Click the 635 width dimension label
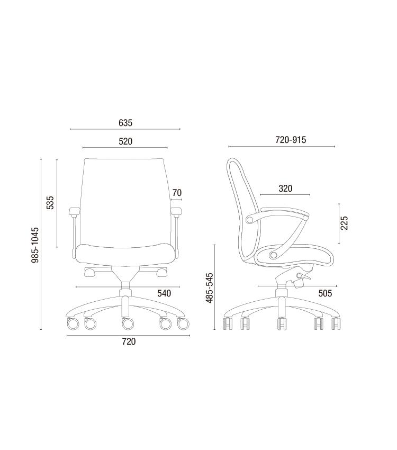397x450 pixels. tap(125, 123)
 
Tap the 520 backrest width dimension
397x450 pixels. tap(125, 141)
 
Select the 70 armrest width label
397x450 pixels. tap(177, 193)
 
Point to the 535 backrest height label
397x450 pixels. tap(50, 203)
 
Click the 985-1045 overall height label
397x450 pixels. tap(35, 245)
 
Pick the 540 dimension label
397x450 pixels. tap(164, 293)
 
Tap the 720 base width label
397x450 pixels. tap(129, 341)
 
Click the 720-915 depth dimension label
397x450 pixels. tap(291, 140)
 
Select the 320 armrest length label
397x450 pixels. tap(285, 188)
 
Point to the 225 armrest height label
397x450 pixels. tap(344, 223)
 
